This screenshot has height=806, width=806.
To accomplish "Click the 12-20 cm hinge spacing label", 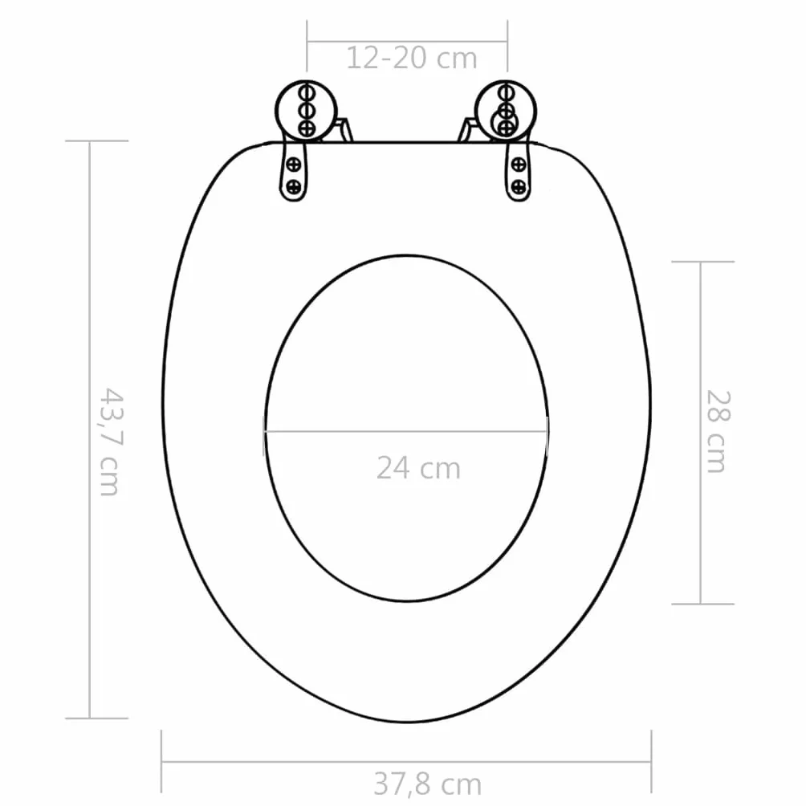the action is [411, 58].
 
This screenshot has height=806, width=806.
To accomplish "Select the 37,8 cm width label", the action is [427, 784].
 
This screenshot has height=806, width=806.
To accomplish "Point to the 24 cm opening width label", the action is [418, 468].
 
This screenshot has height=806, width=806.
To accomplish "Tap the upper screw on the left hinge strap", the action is [294, 165].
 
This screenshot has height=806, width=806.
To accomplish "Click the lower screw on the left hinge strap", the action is [293, 186].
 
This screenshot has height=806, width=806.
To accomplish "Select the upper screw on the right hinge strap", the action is [519, 165].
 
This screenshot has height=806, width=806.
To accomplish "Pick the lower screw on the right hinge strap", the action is [519, 186].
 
